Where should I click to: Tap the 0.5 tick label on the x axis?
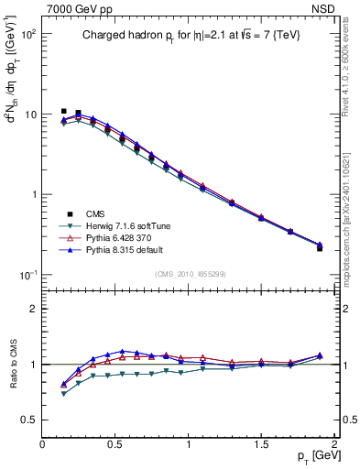pos(115,444)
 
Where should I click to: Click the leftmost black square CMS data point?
pos(63,111)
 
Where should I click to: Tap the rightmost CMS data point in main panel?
pos(320,247)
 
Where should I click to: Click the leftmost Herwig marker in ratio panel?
pos(63,394)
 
